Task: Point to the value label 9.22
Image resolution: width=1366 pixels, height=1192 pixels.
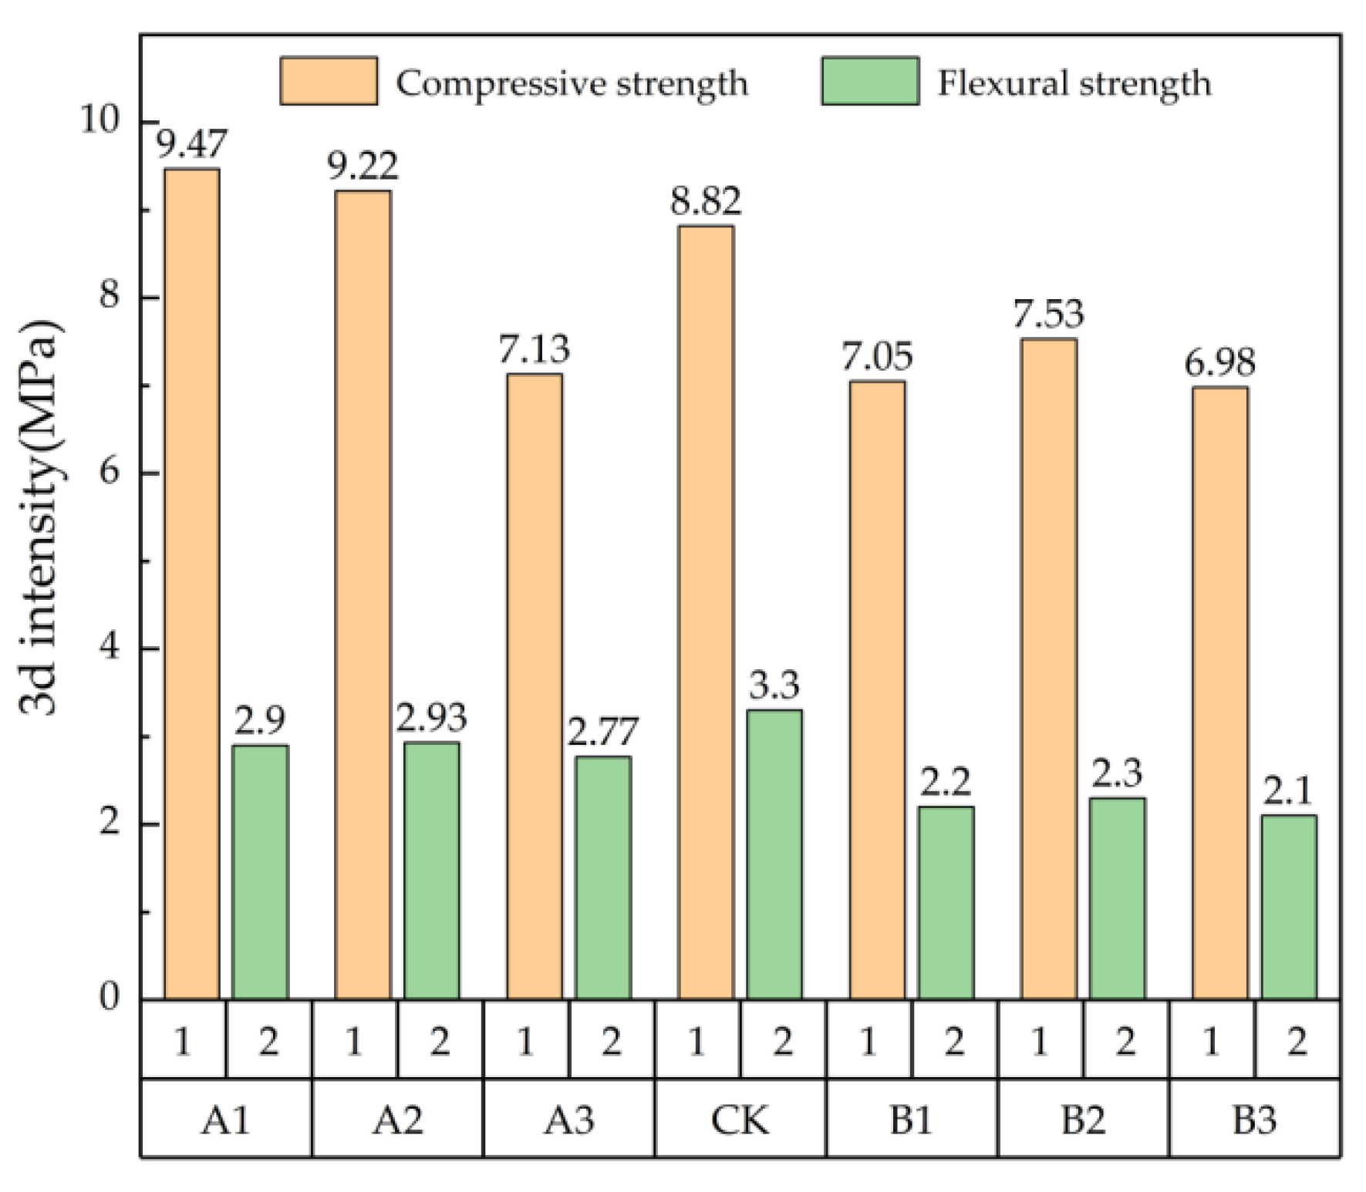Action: pyautogui.click(x=363, y=167)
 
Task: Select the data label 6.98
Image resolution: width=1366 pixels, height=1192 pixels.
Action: pyautogui.click(x=1219, y=362)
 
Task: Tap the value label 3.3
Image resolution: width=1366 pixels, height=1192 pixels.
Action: pyautogui.click(x=774, y=685)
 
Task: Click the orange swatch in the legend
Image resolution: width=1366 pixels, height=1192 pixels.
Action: pyautogui.click(x=329, y=81)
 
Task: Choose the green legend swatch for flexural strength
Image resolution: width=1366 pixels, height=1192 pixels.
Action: pyautogui.click(x=869, y=81)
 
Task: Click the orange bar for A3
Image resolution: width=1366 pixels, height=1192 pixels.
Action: pyautogui.click(x=534, y=686)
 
